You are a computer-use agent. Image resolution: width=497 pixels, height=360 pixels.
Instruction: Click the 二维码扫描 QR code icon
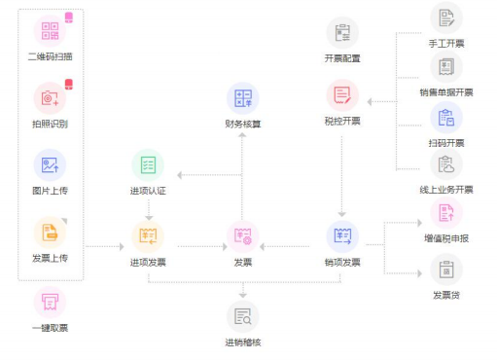(50, 31)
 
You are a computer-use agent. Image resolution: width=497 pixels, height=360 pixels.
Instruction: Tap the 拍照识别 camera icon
(50, 98)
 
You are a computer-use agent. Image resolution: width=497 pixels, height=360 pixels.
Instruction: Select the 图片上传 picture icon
(50, 165)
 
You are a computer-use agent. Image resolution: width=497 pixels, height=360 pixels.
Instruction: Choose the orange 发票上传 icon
(50, 233)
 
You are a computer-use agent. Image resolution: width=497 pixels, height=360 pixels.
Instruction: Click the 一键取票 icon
(50, 303)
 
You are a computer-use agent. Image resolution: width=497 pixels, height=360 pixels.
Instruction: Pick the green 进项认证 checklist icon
(148, 165)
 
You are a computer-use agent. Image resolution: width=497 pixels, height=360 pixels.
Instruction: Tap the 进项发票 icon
(148, 236)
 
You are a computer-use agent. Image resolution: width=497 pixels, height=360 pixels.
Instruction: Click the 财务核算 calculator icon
(243, 98)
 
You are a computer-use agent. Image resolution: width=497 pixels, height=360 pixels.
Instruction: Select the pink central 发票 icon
(243, 236)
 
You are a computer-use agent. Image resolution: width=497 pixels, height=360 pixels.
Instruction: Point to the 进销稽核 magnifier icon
(243, 316)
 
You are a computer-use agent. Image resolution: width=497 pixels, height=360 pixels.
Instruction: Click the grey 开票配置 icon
(342, 33)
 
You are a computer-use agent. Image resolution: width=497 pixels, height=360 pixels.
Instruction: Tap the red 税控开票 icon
(342, 95)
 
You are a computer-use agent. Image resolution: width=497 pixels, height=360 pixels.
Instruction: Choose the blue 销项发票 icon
(342, 236)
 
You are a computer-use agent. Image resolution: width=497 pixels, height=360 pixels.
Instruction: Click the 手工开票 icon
(446, 18)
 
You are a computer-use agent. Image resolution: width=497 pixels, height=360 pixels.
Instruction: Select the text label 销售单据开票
(446, 92)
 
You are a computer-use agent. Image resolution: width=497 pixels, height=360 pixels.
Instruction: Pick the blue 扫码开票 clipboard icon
(446, 118)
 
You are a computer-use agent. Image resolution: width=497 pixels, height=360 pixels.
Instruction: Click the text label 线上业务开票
(446, 190)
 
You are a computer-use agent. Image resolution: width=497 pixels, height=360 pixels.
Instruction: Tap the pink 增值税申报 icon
(446, 213)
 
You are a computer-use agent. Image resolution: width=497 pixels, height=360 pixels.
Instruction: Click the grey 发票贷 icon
(446, 270)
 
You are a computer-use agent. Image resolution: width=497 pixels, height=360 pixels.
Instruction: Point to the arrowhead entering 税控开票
(370, 101)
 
